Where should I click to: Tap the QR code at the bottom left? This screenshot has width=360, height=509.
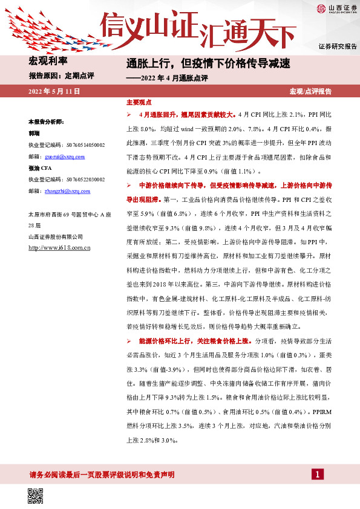(x=36, y=496)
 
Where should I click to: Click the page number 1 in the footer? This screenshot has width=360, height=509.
(x=316, y=474)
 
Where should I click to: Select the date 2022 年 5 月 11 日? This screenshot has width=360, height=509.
(x=54, y=91)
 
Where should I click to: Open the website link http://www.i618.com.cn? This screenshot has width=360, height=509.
(x=59, y=248)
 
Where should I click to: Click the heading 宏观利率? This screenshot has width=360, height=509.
(x=48, y=60)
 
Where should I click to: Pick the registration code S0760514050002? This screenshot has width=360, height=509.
(x=67, y=145)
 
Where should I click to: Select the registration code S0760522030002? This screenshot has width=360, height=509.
(x=67, y=180)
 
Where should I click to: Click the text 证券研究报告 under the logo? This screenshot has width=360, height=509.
(x=337, y=47)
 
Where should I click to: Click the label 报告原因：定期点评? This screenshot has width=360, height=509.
(x=61, y=76)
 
